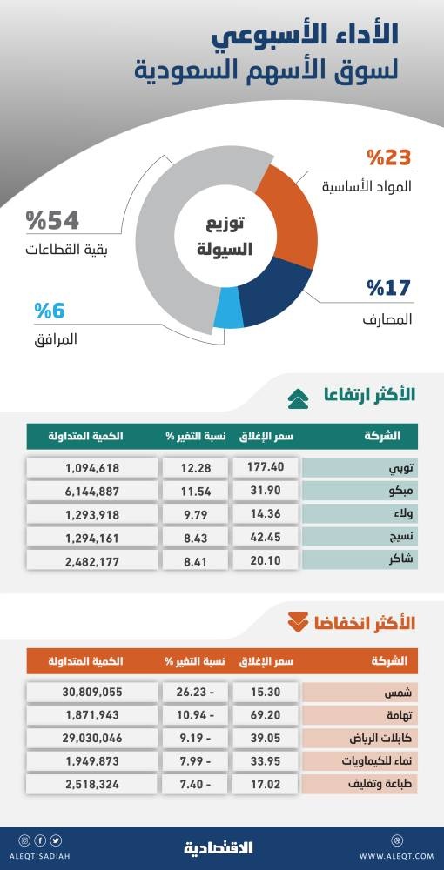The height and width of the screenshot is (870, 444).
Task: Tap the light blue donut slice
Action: pyautogui.click(x=228, y=318)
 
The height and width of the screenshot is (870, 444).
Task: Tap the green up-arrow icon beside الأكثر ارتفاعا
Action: pyautogui.click(x=299, y=398)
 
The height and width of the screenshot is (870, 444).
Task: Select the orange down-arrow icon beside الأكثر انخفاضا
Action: pyautogui.click(x=299, y=622)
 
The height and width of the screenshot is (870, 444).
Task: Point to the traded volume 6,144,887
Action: pyautogui.click(x=93, y=491)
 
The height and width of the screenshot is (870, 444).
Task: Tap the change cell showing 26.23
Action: pyautogui.click(x=196, y=693)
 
